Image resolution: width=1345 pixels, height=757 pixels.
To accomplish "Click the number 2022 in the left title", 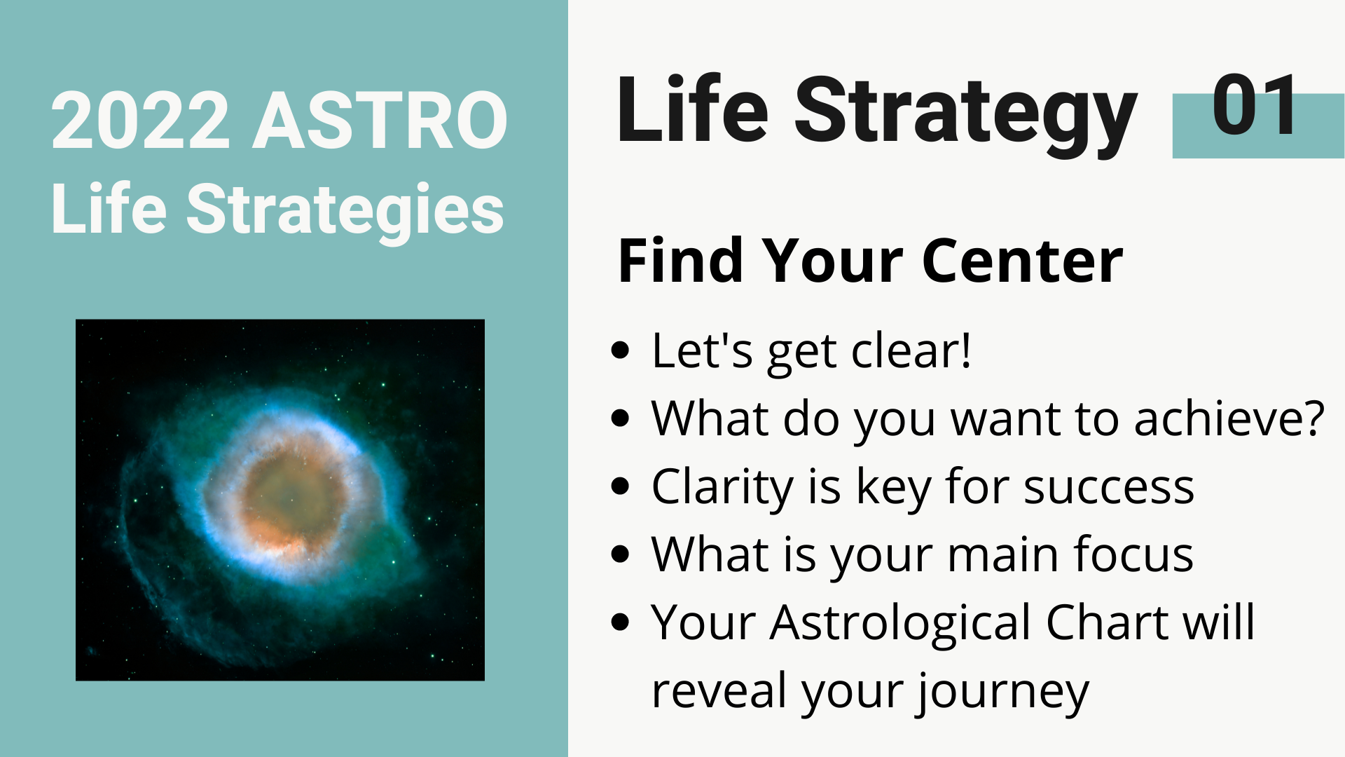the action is (x=141, y=121).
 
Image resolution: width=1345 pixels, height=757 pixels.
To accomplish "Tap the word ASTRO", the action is (x=380, y=121).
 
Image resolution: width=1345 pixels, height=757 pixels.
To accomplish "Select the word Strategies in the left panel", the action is (x=345, y=210).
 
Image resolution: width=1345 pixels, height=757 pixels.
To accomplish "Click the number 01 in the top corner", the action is (x=1255, y=105).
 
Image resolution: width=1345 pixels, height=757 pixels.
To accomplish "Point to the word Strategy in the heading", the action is (x=965, y=114).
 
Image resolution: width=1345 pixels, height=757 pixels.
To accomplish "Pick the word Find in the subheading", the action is (x=680, y=261).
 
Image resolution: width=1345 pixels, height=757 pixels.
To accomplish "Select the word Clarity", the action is (x=722, y=486).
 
